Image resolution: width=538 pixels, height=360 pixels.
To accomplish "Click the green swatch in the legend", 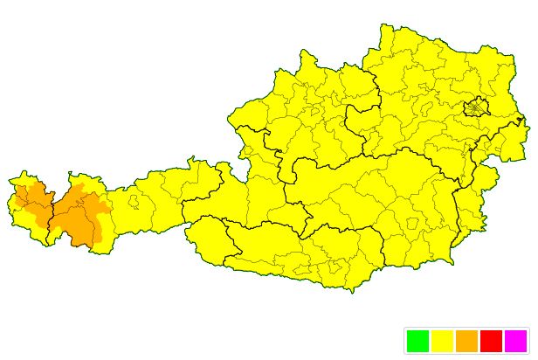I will [417, 341].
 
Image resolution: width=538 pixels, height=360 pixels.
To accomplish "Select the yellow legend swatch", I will [442, 341].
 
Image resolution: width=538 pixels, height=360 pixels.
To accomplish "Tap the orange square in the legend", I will [466, 341].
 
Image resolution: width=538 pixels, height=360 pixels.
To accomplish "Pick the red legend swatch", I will [491, 341].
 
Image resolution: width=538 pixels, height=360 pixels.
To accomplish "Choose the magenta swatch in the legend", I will [515, 341].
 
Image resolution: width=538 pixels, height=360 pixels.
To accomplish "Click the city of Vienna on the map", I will [475, 107].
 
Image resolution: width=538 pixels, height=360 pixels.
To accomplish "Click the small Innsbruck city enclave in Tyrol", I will [134, 202].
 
